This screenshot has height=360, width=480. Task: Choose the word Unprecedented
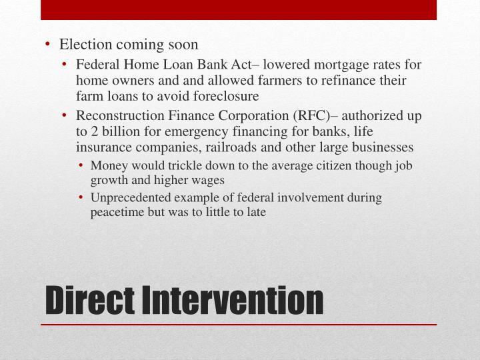point(131,197)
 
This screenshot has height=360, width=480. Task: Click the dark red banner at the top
point(239,9)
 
